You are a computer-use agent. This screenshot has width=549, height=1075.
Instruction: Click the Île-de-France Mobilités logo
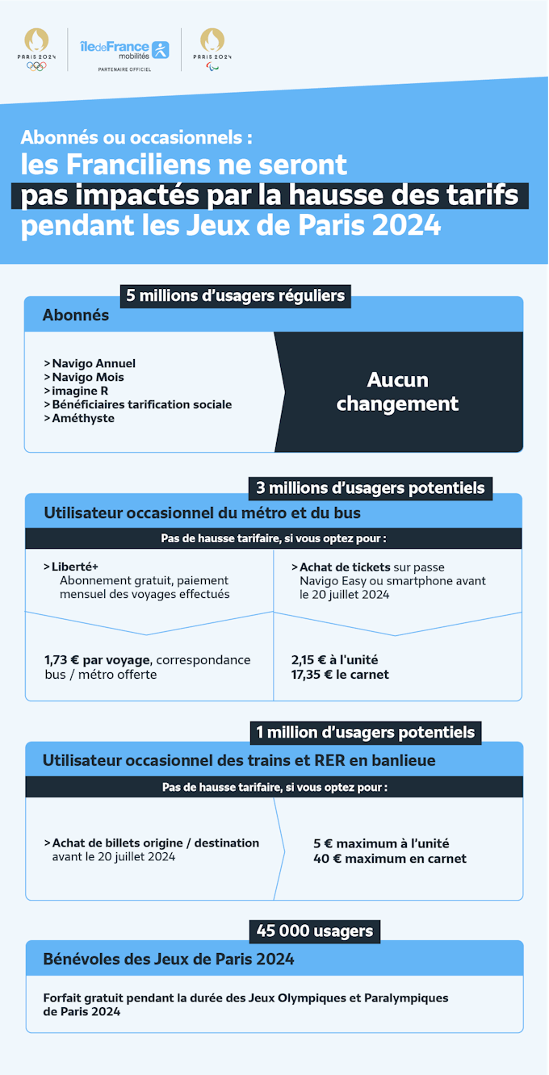pos(124,52)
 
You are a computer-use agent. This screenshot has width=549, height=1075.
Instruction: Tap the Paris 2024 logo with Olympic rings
pos(36,49)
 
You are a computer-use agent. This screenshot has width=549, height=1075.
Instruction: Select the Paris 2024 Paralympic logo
pos(212,49)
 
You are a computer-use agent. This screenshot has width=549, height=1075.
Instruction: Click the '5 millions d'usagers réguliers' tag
pos(235,296)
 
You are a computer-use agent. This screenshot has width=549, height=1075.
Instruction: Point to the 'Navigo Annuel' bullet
pos(90,363)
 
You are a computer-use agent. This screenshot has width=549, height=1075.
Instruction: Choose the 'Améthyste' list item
pos(79,418)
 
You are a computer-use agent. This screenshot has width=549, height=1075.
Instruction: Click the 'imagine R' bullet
pos(76,391)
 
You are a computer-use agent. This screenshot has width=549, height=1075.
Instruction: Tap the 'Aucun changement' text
pos(397,391)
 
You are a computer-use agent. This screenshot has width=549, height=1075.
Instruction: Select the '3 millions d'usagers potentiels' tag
pos(371,488)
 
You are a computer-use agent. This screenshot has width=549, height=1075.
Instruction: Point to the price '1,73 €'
pos(61,660)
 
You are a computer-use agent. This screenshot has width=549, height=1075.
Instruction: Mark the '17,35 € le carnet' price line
pos(340,674)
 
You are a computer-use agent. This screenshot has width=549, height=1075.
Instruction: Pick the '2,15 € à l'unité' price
pos(334,660)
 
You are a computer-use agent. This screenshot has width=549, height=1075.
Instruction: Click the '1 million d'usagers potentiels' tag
pos(366,733)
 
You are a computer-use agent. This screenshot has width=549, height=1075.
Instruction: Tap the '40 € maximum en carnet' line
pos(390,859)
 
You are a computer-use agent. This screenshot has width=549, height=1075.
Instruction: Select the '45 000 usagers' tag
pos(315,931)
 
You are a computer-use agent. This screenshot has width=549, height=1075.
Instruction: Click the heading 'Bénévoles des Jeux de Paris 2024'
pos(169,959)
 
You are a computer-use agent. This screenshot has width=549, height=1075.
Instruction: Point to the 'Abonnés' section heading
pos(76,316)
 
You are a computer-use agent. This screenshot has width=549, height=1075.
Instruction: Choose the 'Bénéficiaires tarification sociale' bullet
pos(138,404)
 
